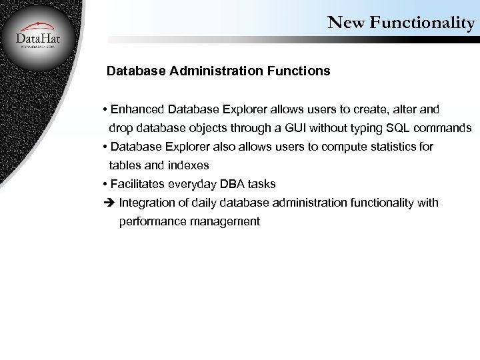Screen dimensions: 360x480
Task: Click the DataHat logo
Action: tap(37, 37)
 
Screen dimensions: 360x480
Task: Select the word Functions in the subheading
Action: tap(297, 70)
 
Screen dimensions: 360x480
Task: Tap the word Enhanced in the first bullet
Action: tap(139, 109)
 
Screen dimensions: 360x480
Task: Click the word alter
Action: tap(414, 109)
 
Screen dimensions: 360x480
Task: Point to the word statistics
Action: tap(393, 146)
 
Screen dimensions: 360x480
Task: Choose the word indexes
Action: tap(189, 165)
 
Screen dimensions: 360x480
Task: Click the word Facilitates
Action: tap(138, 183)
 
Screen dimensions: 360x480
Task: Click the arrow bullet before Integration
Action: tap(109, 203)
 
